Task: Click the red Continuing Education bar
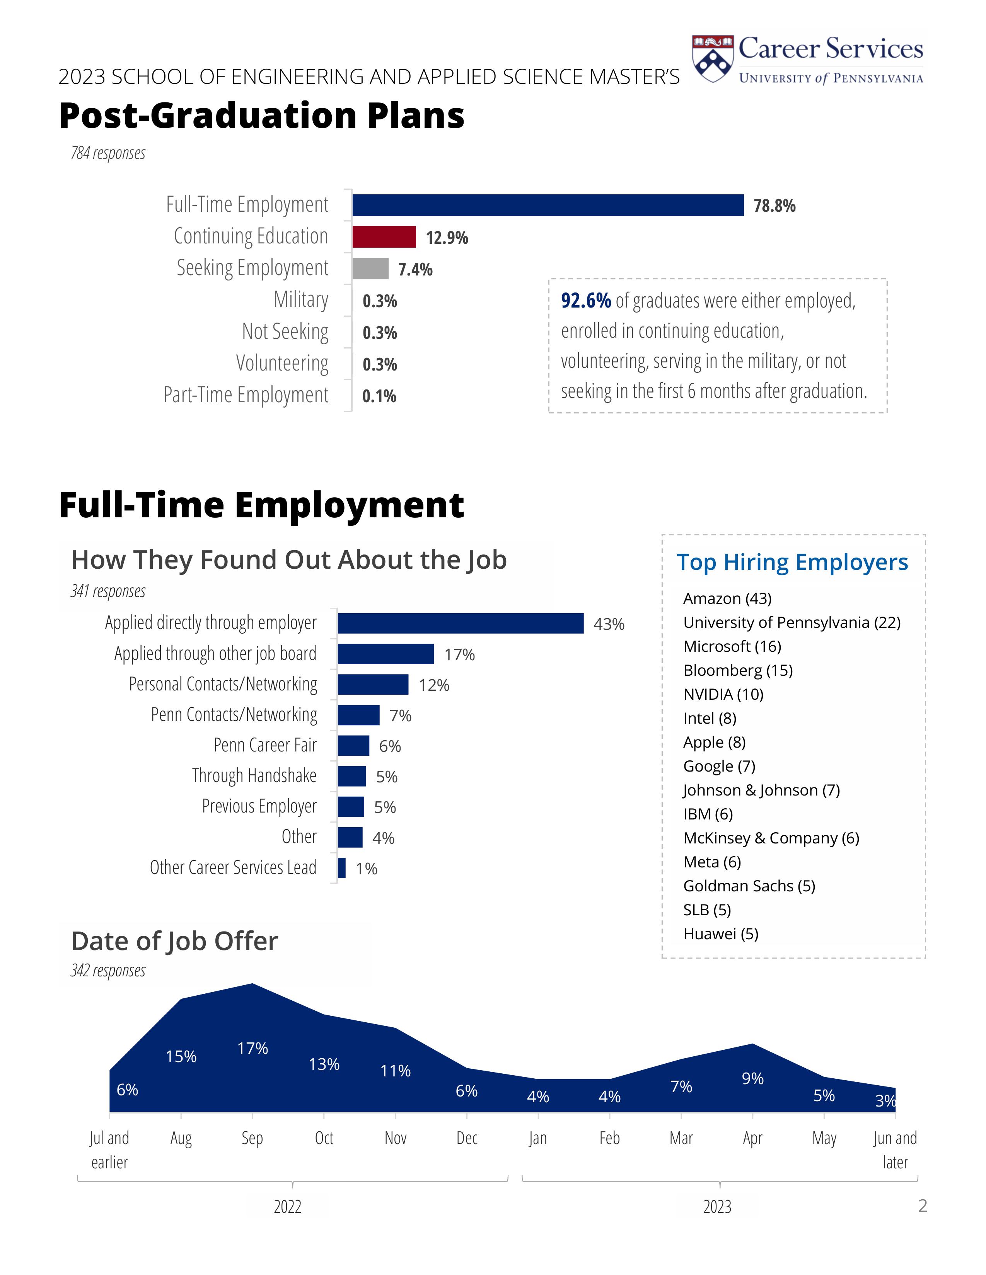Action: click(384, 237)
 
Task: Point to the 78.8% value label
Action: click(774, 206)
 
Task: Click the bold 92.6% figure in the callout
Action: click(585, 301)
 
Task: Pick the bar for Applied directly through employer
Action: click(460, 624)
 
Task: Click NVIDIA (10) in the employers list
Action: click(723, 694)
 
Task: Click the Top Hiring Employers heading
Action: click(792, 562)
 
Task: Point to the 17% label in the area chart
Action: click(252, 1049)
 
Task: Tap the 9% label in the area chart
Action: click(752, 1078)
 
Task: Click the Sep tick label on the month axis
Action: click(252, 1138)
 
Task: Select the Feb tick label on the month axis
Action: click(609, 1138)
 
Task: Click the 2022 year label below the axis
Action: click(287, 1207)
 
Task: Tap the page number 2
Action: click(922, 1205)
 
